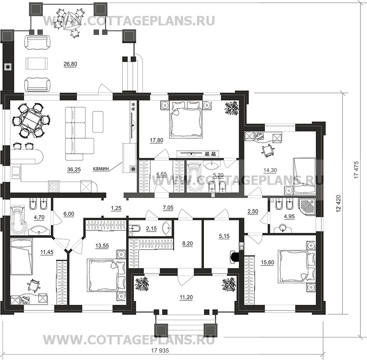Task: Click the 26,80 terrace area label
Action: (x=70, y=64)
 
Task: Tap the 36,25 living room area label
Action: (x=74, y=170)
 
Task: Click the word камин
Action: (x=101, y=168)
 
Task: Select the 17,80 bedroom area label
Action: (x=156, y=140)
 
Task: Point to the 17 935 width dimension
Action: (x=160, y=351)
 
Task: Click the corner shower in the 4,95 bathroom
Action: (x=307, y=207)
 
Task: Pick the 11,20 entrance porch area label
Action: (x=186, y=297)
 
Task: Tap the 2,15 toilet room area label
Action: (x=151, y=228)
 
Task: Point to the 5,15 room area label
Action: (x=224, y=236)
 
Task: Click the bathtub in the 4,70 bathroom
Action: (x=18, y=220)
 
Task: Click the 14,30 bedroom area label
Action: (x=270, y=170)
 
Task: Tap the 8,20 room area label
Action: (x=187, y=243)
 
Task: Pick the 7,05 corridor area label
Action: (x=168, y=207)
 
